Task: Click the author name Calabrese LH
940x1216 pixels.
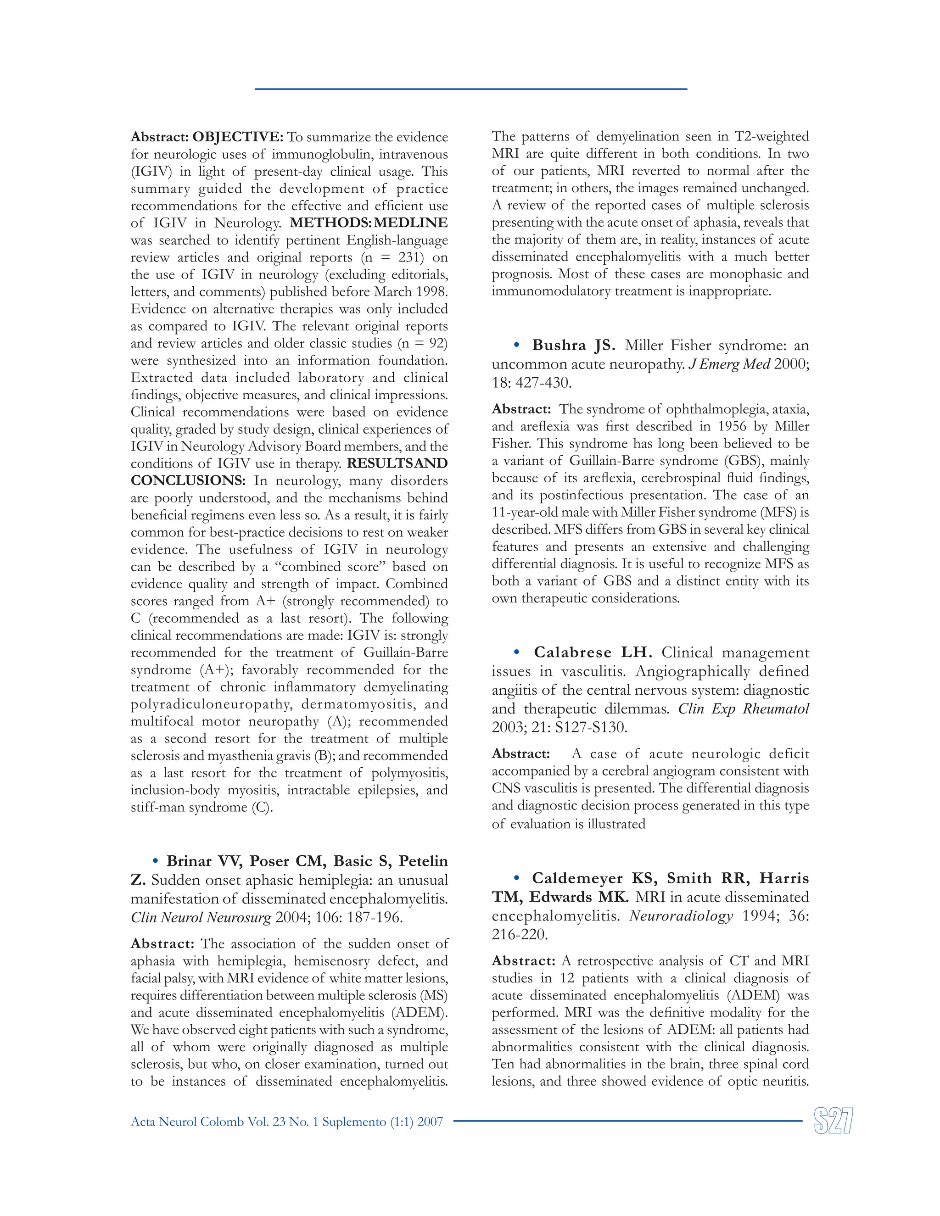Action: pyautogui.click(x=593, y=653)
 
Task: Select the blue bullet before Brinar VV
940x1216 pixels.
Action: pyautogui.click(x=156, y=861)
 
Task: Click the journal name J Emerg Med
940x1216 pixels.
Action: pyautogui.click(x=729, y=365)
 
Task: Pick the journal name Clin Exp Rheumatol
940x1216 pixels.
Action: pyautogui.click(x=743, y=709)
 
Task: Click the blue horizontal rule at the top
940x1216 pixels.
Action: pyautogui.click(x=470, y=89)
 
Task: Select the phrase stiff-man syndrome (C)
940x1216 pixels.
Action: pyautogui.click(x=201, y=807)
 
